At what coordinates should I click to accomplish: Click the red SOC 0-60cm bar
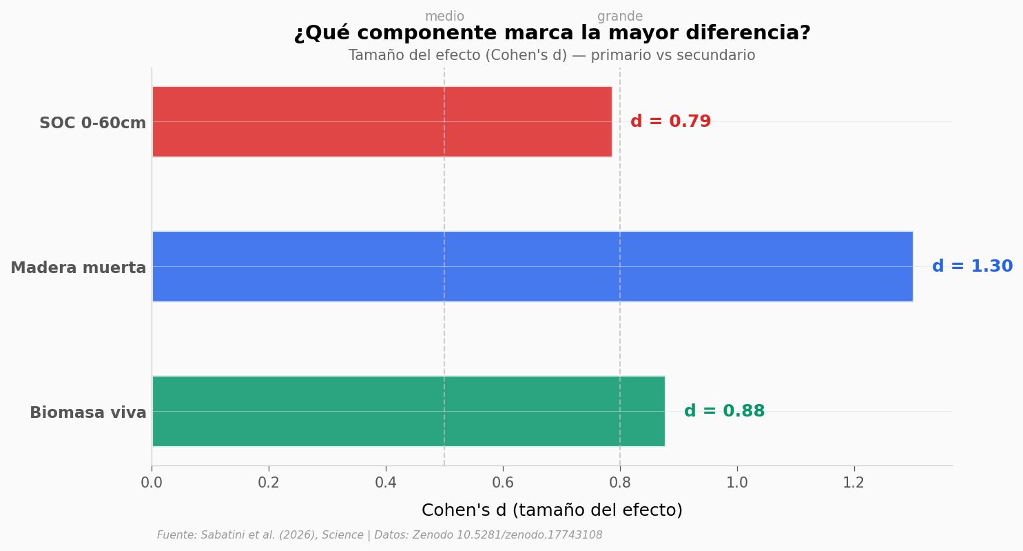click(382, 122)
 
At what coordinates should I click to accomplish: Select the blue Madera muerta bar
click(532, 266)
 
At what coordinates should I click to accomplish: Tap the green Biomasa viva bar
click(408, 411)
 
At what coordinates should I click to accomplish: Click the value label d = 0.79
click(670, 122)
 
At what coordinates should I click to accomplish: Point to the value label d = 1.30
click(972, 267)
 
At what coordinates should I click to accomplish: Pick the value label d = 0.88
click(724, 412)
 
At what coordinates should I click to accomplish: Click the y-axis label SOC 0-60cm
click(92, 123)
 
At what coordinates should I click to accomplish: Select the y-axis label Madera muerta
click(78, 268)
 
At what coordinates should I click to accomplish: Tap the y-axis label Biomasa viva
click(87, 413)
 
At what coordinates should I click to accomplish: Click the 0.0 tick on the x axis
click(152, 483)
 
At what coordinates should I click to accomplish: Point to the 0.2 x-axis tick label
click(269, 483)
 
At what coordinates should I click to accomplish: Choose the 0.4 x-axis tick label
click(386, 483)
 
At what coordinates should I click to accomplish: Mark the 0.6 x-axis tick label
click(503, 483)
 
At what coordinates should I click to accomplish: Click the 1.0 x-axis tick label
click(737, 483)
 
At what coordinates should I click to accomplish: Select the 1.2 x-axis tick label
click(854, 483)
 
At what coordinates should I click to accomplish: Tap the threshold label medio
click(444, 17)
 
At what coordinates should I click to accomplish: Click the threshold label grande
click(620, 17)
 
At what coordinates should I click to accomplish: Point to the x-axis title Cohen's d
click(552, 510)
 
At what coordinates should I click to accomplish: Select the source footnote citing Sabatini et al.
click(380, 535)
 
